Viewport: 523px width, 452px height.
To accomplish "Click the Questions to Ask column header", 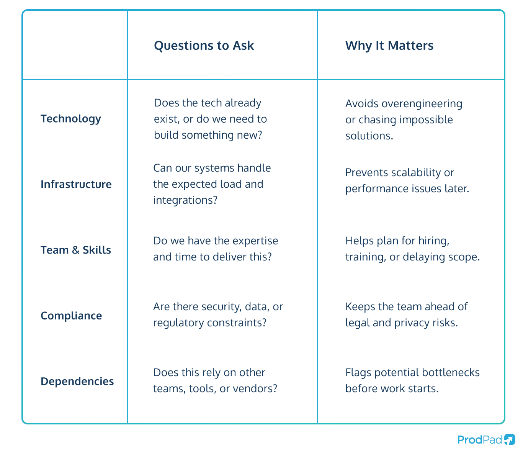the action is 204,46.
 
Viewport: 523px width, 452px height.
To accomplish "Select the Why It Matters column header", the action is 389,46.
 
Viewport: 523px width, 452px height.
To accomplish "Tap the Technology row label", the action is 71,119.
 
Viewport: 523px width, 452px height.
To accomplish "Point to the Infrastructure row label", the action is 76,184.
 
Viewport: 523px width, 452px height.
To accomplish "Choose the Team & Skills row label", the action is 76,250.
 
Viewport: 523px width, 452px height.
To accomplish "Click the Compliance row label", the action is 71,316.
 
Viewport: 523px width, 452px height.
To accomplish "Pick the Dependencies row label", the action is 77,382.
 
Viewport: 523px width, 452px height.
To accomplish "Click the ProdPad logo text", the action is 479,440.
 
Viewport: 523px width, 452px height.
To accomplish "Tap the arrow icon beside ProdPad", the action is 509,439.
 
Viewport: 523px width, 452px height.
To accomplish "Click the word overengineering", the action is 422,104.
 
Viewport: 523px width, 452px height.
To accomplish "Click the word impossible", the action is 427,120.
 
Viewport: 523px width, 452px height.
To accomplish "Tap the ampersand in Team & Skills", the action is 76,250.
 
